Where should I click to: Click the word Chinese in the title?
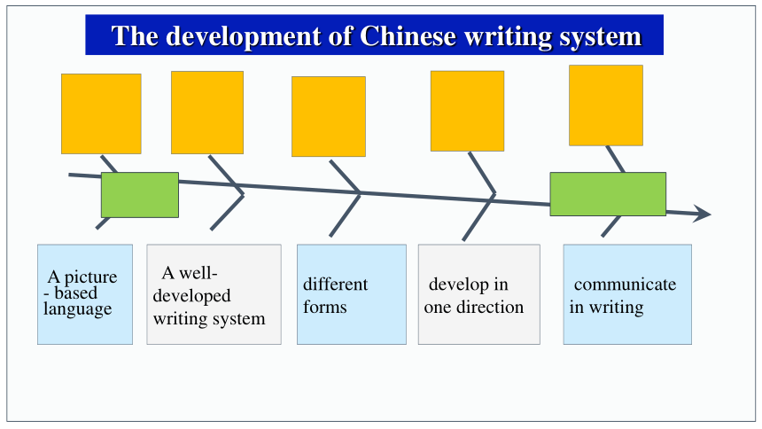tap(408, 36)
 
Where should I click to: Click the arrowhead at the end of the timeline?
tap(702, 214)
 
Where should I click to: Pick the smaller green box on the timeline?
tap(140, 195)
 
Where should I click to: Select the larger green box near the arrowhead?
tap(608, 194)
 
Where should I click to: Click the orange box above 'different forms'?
tap(329, 117)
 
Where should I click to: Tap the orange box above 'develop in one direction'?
tap(467, 111)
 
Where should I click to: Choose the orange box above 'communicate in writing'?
tap(606, 105)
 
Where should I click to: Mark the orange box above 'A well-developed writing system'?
tap(207, 113)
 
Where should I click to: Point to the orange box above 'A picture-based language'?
tap(101, 113)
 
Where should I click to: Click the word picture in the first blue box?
tap(91, 277)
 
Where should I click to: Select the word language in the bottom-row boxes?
tap(77, 308)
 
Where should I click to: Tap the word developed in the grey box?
tap(191, 296)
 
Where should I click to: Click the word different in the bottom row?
tap(335, 284)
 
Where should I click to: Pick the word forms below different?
tap(324, 307)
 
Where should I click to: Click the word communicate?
tap(625, 285)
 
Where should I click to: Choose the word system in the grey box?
tap(239, 319)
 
